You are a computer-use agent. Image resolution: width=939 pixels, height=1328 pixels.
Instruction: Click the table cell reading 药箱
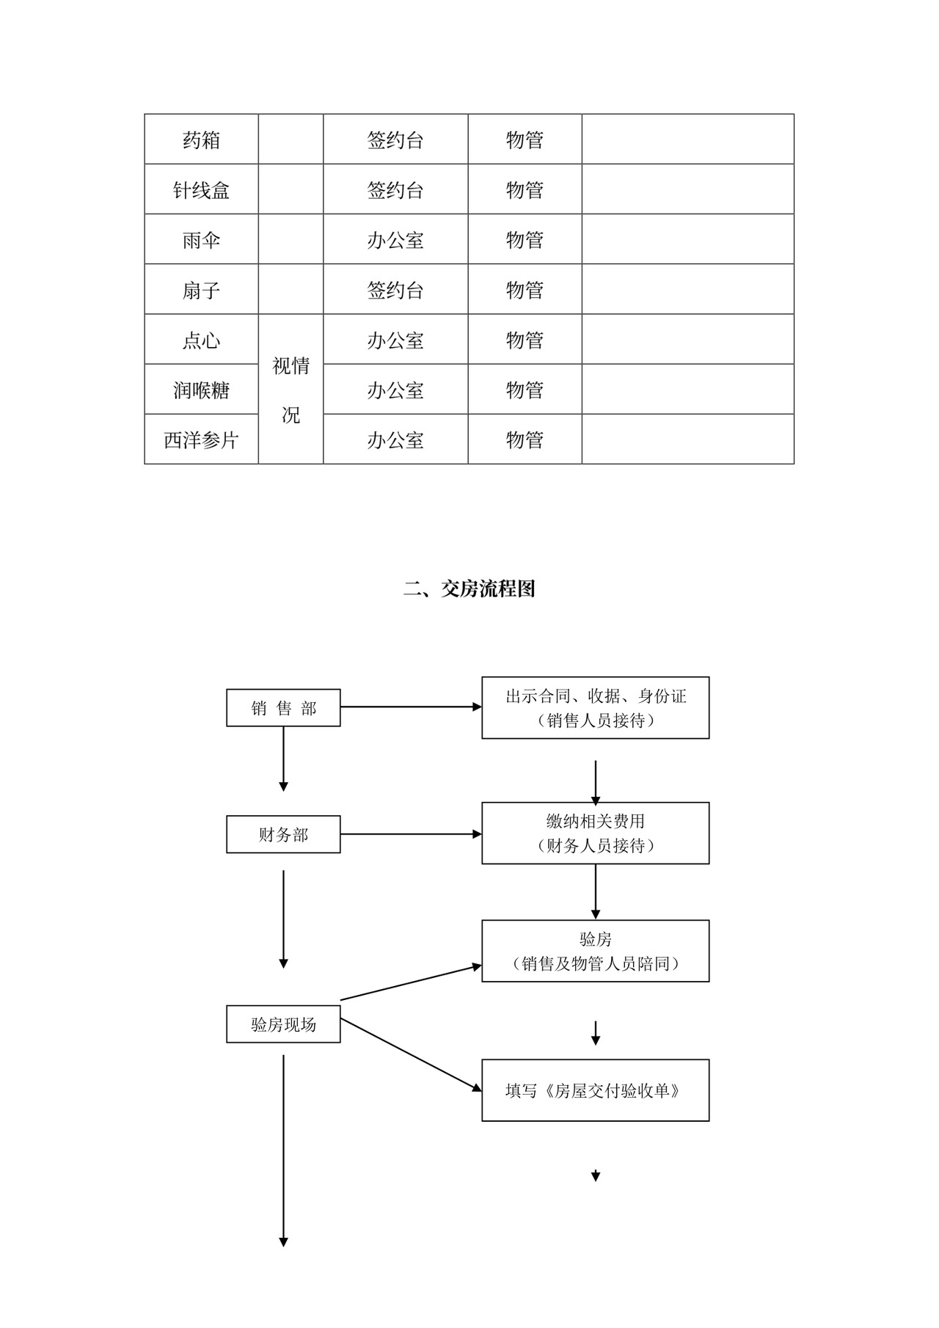201,139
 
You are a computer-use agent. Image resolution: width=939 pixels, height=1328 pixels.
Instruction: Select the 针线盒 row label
201,190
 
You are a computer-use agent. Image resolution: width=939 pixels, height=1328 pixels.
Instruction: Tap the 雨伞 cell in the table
201,240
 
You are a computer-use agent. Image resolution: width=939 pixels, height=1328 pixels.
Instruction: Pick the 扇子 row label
201,290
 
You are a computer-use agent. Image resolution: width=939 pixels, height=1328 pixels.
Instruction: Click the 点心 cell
201,340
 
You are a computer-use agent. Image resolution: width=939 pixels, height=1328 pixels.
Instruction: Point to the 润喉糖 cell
201,390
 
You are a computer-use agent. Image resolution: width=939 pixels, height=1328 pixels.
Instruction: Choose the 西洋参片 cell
201,439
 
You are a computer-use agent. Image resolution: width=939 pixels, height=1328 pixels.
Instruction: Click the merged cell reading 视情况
291,390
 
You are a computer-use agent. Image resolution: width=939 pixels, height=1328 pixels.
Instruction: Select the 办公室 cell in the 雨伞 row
395,240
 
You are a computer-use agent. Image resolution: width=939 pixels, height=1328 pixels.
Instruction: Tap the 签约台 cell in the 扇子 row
395,290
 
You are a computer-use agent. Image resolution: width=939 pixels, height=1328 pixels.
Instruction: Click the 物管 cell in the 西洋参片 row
525,439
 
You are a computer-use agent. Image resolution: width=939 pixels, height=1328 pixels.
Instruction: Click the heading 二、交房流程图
469,588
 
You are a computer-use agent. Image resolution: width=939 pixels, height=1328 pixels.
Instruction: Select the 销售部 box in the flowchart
283,708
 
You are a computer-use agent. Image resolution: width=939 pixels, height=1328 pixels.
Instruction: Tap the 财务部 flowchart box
283,834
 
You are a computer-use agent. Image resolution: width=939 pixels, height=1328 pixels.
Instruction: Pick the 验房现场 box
283,1024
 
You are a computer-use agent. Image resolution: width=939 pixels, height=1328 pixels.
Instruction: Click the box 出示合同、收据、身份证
595,708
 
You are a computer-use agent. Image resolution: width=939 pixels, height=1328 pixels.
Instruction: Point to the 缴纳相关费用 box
595,833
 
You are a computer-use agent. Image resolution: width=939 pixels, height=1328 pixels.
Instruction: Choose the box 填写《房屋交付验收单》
595,1090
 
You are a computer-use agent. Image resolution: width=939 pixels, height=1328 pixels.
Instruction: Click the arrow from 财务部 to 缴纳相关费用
411,834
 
